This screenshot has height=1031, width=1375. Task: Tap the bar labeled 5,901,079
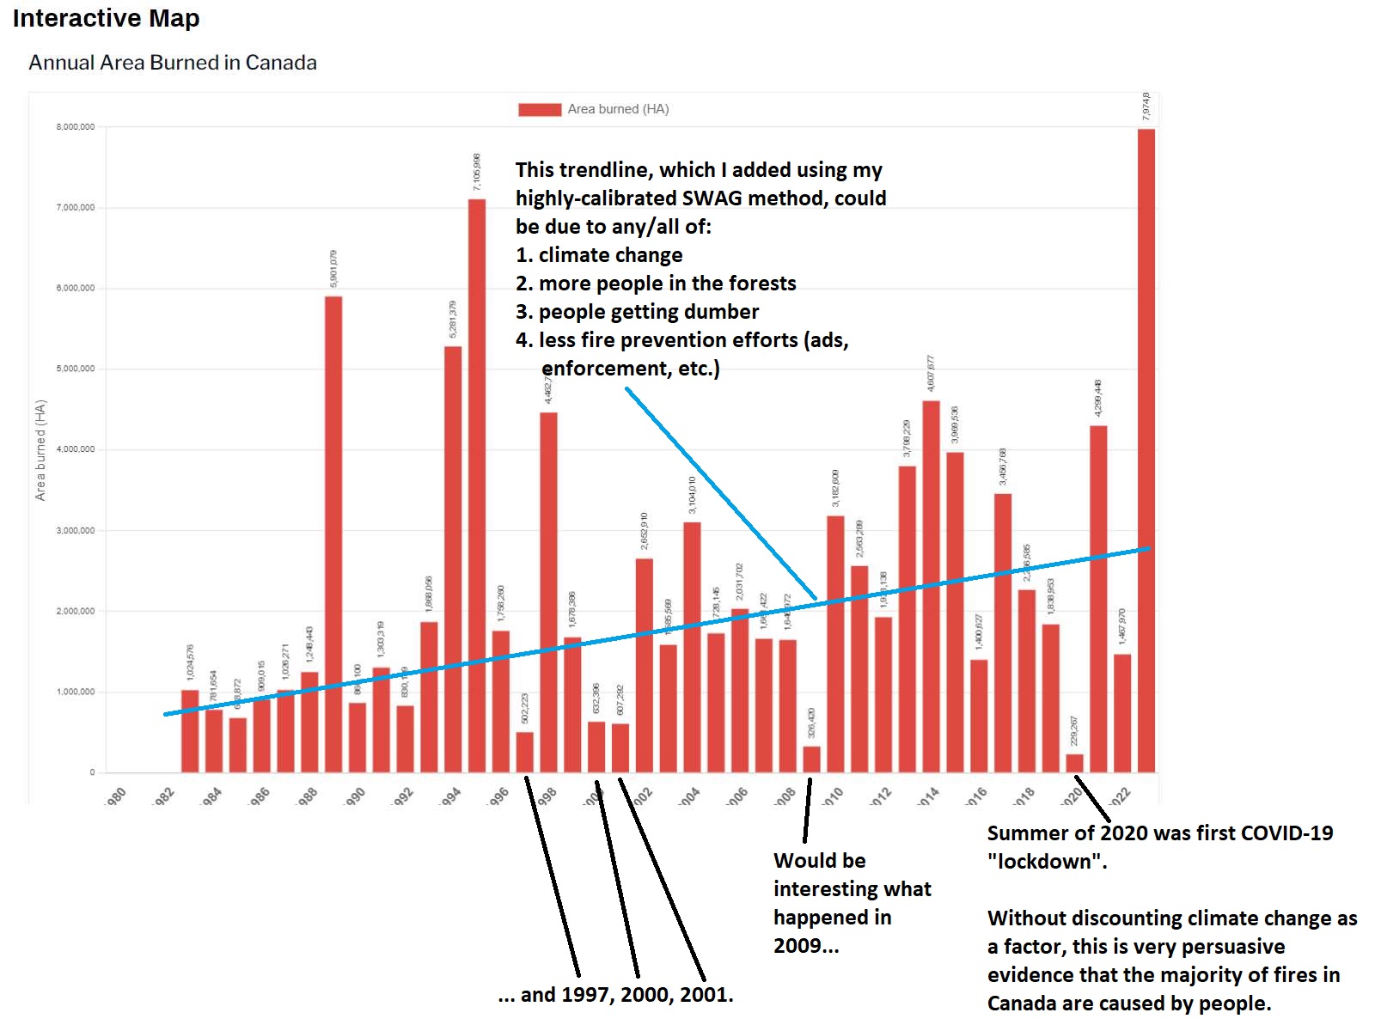333,534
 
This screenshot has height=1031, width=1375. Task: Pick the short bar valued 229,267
1074,763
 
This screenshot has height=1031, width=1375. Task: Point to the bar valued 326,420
811,759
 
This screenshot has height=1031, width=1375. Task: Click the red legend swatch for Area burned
540,109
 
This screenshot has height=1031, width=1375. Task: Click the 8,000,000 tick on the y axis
76,127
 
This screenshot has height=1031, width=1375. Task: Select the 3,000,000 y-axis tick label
76,531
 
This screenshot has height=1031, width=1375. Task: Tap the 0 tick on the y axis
92,772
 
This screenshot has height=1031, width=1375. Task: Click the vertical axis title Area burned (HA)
40,450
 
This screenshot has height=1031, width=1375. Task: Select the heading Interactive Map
106,18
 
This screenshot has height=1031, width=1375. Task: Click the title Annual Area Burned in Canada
173,63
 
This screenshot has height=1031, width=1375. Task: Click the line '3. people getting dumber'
637,312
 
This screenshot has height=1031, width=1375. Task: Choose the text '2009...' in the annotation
806,946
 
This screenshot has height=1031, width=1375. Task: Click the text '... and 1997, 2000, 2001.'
615,995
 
